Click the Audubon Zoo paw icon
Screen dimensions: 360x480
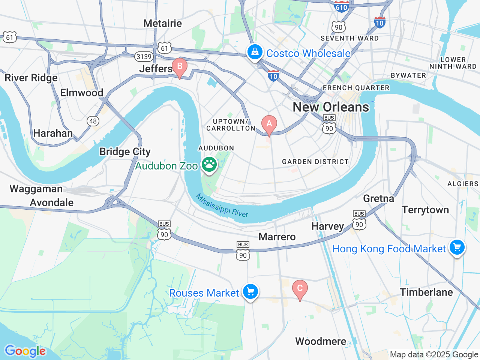[x=209, y=164]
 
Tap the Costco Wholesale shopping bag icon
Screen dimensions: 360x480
[x=255, y=52]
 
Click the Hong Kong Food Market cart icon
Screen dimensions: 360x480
[x=457, y=247]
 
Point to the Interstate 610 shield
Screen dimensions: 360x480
[x=341, y=6]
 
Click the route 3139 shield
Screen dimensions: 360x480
[x=144, y=57]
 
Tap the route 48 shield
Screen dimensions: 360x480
[x=93, y=121]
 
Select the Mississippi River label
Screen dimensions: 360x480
[x=222, y=205]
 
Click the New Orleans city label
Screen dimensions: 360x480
[x=331, y=107]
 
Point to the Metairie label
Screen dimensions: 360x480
[x=162, y=23]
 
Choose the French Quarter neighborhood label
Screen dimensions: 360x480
[x=356, y=88]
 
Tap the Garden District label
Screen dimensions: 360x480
[x=315, y=162]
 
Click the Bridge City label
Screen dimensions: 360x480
[x=125, y=151]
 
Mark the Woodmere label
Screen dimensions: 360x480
[x=321, y=341]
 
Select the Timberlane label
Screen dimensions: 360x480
[x=426, y=292]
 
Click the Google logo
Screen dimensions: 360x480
[x=25, y=351]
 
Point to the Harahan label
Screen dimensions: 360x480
[x=53, y=133]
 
